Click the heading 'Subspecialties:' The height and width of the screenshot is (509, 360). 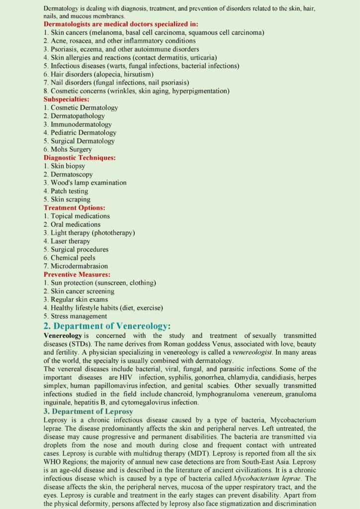[x=67, y=99]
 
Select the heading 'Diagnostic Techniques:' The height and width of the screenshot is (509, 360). [x=80, y=158]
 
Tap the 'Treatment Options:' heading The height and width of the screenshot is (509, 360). [x=74, y=208]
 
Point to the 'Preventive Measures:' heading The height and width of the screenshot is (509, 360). [x=77, y=274]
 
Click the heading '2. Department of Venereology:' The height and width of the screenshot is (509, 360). [x=107, y=326]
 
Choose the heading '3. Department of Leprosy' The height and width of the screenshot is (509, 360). [x=89, y=412]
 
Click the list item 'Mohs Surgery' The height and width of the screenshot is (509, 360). [x=71, y=149]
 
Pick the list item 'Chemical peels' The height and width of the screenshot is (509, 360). [x=72, y=257]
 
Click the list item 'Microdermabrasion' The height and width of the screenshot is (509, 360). [x=79, y=266]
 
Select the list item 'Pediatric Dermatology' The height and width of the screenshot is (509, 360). [x=84, y=133]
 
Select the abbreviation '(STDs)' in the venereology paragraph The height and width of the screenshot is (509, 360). [x=77, y=344]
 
